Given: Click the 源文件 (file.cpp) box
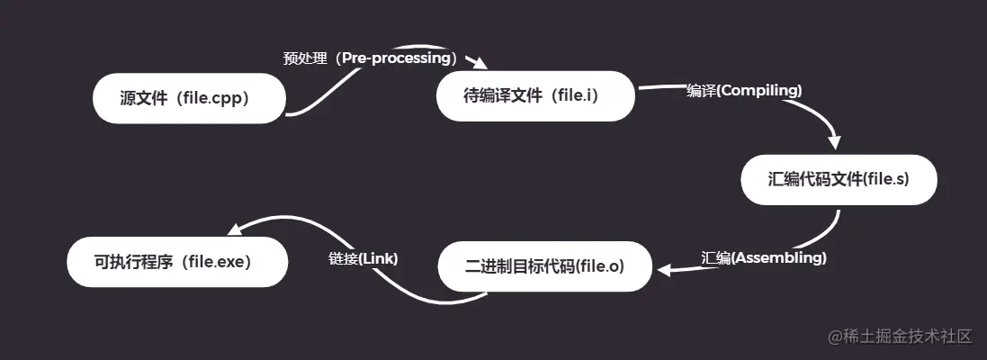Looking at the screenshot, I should point(189,98).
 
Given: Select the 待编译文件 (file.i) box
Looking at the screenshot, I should point(535,95).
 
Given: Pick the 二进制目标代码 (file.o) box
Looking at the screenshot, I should point(544,266).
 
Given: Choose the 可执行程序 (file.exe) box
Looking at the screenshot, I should point(177,262).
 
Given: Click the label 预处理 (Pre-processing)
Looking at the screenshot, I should point(371,58).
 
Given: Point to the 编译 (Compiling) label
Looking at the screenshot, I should point(744,90).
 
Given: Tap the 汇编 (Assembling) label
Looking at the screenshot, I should point(764,257).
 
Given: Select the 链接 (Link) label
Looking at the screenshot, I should point(363,257).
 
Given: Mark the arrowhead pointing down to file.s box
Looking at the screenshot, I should point(834,142).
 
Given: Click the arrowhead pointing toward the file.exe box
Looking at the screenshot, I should point(234,229).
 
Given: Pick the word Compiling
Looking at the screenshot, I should point(759,90).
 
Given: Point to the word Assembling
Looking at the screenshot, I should point(779,257).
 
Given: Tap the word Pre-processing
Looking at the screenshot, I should point(397,58).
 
